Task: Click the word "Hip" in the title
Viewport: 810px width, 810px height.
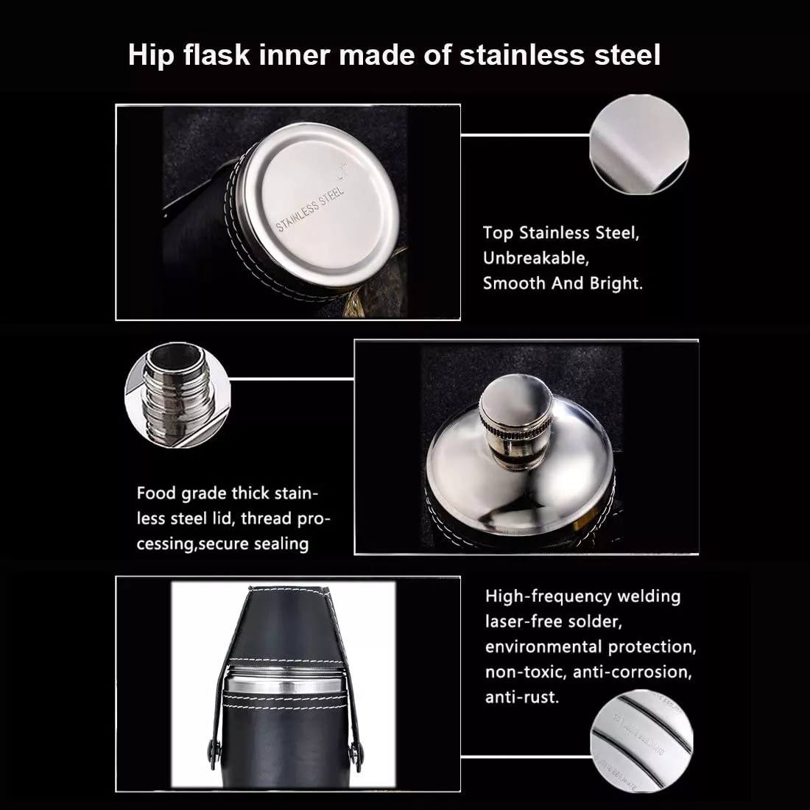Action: [x=147, y=55]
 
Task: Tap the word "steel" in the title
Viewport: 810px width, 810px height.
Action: [x=627, y=55]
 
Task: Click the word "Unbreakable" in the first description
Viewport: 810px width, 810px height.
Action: [x=535, y=258]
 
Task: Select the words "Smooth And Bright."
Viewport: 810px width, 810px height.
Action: [x=563, y=283]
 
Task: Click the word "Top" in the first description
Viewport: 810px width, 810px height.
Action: [x=498, y=233]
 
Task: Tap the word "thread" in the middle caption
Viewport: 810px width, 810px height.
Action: [x=271, y=518]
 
